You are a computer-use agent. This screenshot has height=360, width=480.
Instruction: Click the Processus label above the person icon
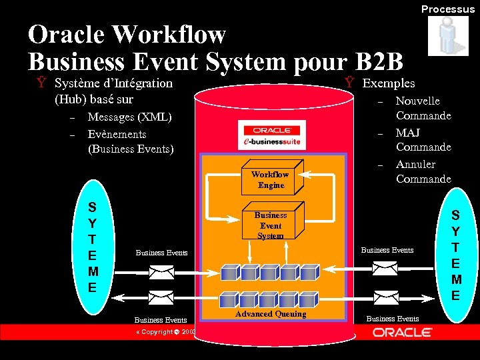[447, 9]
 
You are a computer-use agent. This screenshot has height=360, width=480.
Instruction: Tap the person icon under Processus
[448, 36]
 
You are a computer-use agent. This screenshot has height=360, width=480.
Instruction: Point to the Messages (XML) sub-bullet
[129, 117]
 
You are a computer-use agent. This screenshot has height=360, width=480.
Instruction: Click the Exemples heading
[388, 83]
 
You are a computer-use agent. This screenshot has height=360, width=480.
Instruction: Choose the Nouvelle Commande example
[423, 108]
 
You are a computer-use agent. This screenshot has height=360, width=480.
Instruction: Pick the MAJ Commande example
[423, 139]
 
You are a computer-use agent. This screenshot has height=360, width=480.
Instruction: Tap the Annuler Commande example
[423, 171]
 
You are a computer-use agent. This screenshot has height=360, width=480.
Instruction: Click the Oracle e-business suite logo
[271, 135]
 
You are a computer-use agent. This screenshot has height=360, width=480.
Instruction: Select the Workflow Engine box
[271, 179]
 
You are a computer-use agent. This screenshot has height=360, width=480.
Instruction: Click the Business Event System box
[271, 225]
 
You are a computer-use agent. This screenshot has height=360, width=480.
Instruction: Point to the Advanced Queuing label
[271, 314]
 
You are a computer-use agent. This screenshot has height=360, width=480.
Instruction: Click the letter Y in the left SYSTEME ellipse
[93, 223]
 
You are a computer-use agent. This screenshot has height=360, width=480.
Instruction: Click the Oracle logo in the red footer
[401, 332]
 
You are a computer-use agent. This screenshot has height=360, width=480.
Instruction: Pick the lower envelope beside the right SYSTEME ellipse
[386, 295]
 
